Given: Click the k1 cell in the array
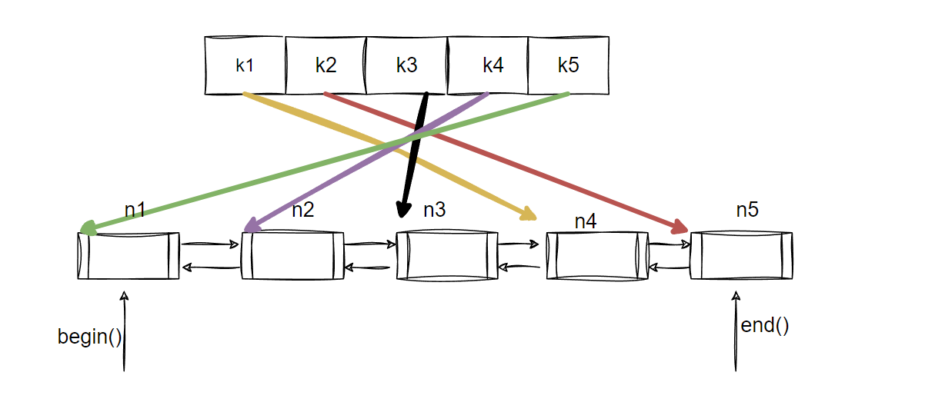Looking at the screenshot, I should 245,65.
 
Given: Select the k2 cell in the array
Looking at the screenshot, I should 326,65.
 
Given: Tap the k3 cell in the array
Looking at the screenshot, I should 406,65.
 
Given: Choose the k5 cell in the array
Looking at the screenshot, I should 569,65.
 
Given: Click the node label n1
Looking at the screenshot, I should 135,209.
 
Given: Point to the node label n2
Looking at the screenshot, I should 302,210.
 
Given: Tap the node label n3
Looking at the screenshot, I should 435,209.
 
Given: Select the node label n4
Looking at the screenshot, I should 586,221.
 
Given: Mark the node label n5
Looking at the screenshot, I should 747,209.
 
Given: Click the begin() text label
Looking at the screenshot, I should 89,337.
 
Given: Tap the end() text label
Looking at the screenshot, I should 765,325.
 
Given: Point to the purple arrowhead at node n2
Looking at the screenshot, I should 250,226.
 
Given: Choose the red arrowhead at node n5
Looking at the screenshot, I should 680,227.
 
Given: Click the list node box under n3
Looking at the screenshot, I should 447,255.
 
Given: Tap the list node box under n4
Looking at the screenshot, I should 593,255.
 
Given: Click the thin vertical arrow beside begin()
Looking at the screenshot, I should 123,331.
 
